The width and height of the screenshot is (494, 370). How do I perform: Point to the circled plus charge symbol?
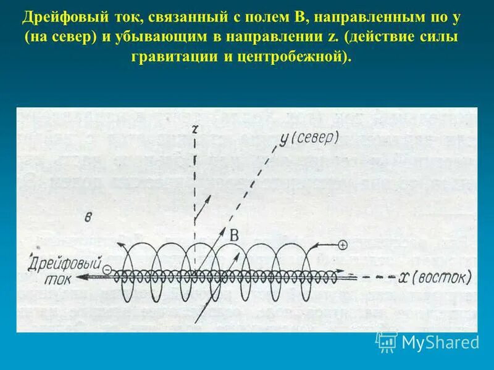pos(343,245)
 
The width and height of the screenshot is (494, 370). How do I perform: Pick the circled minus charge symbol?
pos(107,269)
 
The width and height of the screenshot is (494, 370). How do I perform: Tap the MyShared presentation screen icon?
pos(387,341)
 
